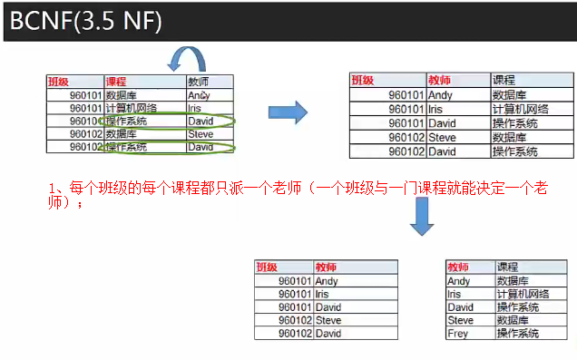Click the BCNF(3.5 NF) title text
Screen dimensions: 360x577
tap(86, 19)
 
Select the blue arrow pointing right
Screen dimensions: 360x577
tap(289, 112)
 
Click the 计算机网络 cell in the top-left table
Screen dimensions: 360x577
tap(132, 108)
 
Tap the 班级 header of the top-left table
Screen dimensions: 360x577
tap(60, 81)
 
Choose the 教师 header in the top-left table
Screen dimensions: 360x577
tap(197, 81)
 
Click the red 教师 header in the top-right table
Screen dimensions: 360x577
tap(440, 80)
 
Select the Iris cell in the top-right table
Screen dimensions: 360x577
tap(439, 108)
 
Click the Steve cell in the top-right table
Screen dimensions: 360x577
tap(443, 137)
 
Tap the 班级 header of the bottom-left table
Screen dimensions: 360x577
tap(267, 268)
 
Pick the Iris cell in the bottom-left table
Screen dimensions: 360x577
tap(326, 294)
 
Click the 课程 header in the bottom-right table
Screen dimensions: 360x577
tap(507, 268)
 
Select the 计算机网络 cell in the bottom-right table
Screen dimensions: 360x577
tap(518, 294)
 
